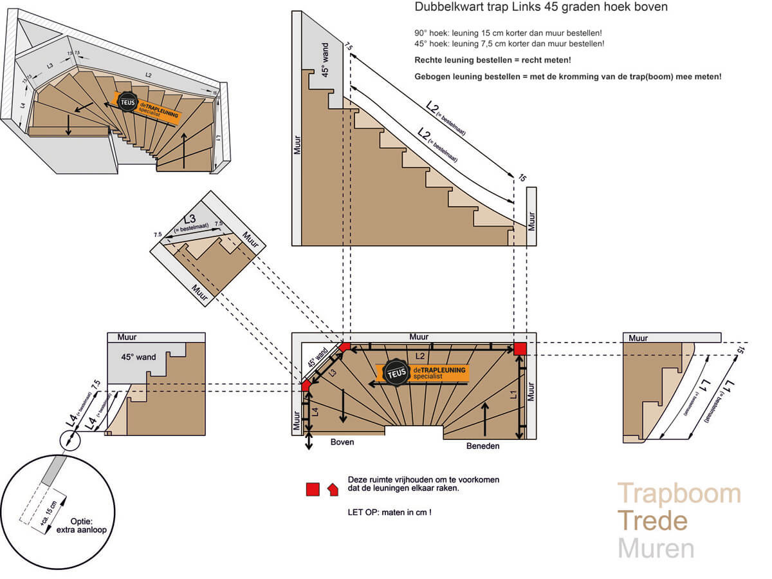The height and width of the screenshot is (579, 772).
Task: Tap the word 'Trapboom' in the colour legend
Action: pyautogui.click(x=679, y=494)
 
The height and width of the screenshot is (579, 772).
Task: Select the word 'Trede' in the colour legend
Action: pyautogui.click(x=652, y=521)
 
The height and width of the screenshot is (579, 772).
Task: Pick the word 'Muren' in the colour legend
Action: pyautogui.click(x=656, y=549)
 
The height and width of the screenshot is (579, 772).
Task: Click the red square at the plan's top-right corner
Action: pyautogui.click(x=520, y=348)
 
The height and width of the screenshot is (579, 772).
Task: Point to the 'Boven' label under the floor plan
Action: pyautogui.click(x=342, y=442)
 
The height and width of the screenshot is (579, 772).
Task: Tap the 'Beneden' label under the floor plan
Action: pyautogui.click(x=483, y=445)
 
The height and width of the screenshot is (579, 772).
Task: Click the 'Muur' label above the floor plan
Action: pyautogui.click(x=419, y=337)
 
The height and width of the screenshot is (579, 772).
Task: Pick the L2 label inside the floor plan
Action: pyautogui.click(x=419, y=355)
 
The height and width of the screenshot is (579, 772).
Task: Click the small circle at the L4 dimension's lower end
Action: pyautogui.click(x=69, y=441)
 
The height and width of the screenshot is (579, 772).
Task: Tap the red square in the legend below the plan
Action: pyautogui.click(x=313, y=489)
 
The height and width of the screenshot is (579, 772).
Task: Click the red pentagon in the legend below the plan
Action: pyautogui.click(x=333, y=489)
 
